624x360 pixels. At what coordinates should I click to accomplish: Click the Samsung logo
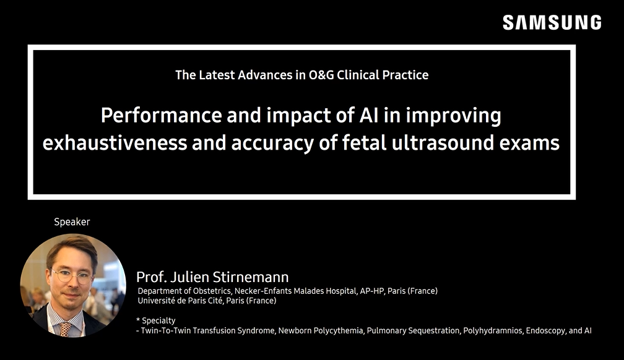pos(552,22)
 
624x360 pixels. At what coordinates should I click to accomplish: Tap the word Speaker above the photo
pos(72,222)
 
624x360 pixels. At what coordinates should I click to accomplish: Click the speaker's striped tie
pos(66,328)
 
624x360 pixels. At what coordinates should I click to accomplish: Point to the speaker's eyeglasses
pos(72,275)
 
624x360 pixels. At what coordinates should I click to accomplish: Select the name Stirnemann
pos(251,277)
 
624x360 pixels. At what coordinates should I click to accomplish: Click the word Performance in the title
pos(161,115)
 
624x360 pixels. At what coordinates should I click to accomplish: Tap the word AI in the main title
pos(368,115)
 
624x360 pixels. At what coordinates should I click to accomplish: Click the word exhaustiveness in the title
pos(115,143)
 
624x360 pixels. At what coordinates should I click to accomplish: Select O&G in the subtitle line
pos(321,75)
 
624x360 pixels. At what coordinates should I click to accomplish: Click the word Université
pos(156,301)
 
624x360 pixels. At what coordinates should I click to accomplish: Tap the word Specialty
pos(158,320)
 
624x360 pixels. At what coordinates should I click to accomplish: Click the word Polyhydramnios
pos(493,330)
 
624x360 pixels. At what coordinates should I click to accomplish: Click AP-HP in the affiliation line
pos(373,291)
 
